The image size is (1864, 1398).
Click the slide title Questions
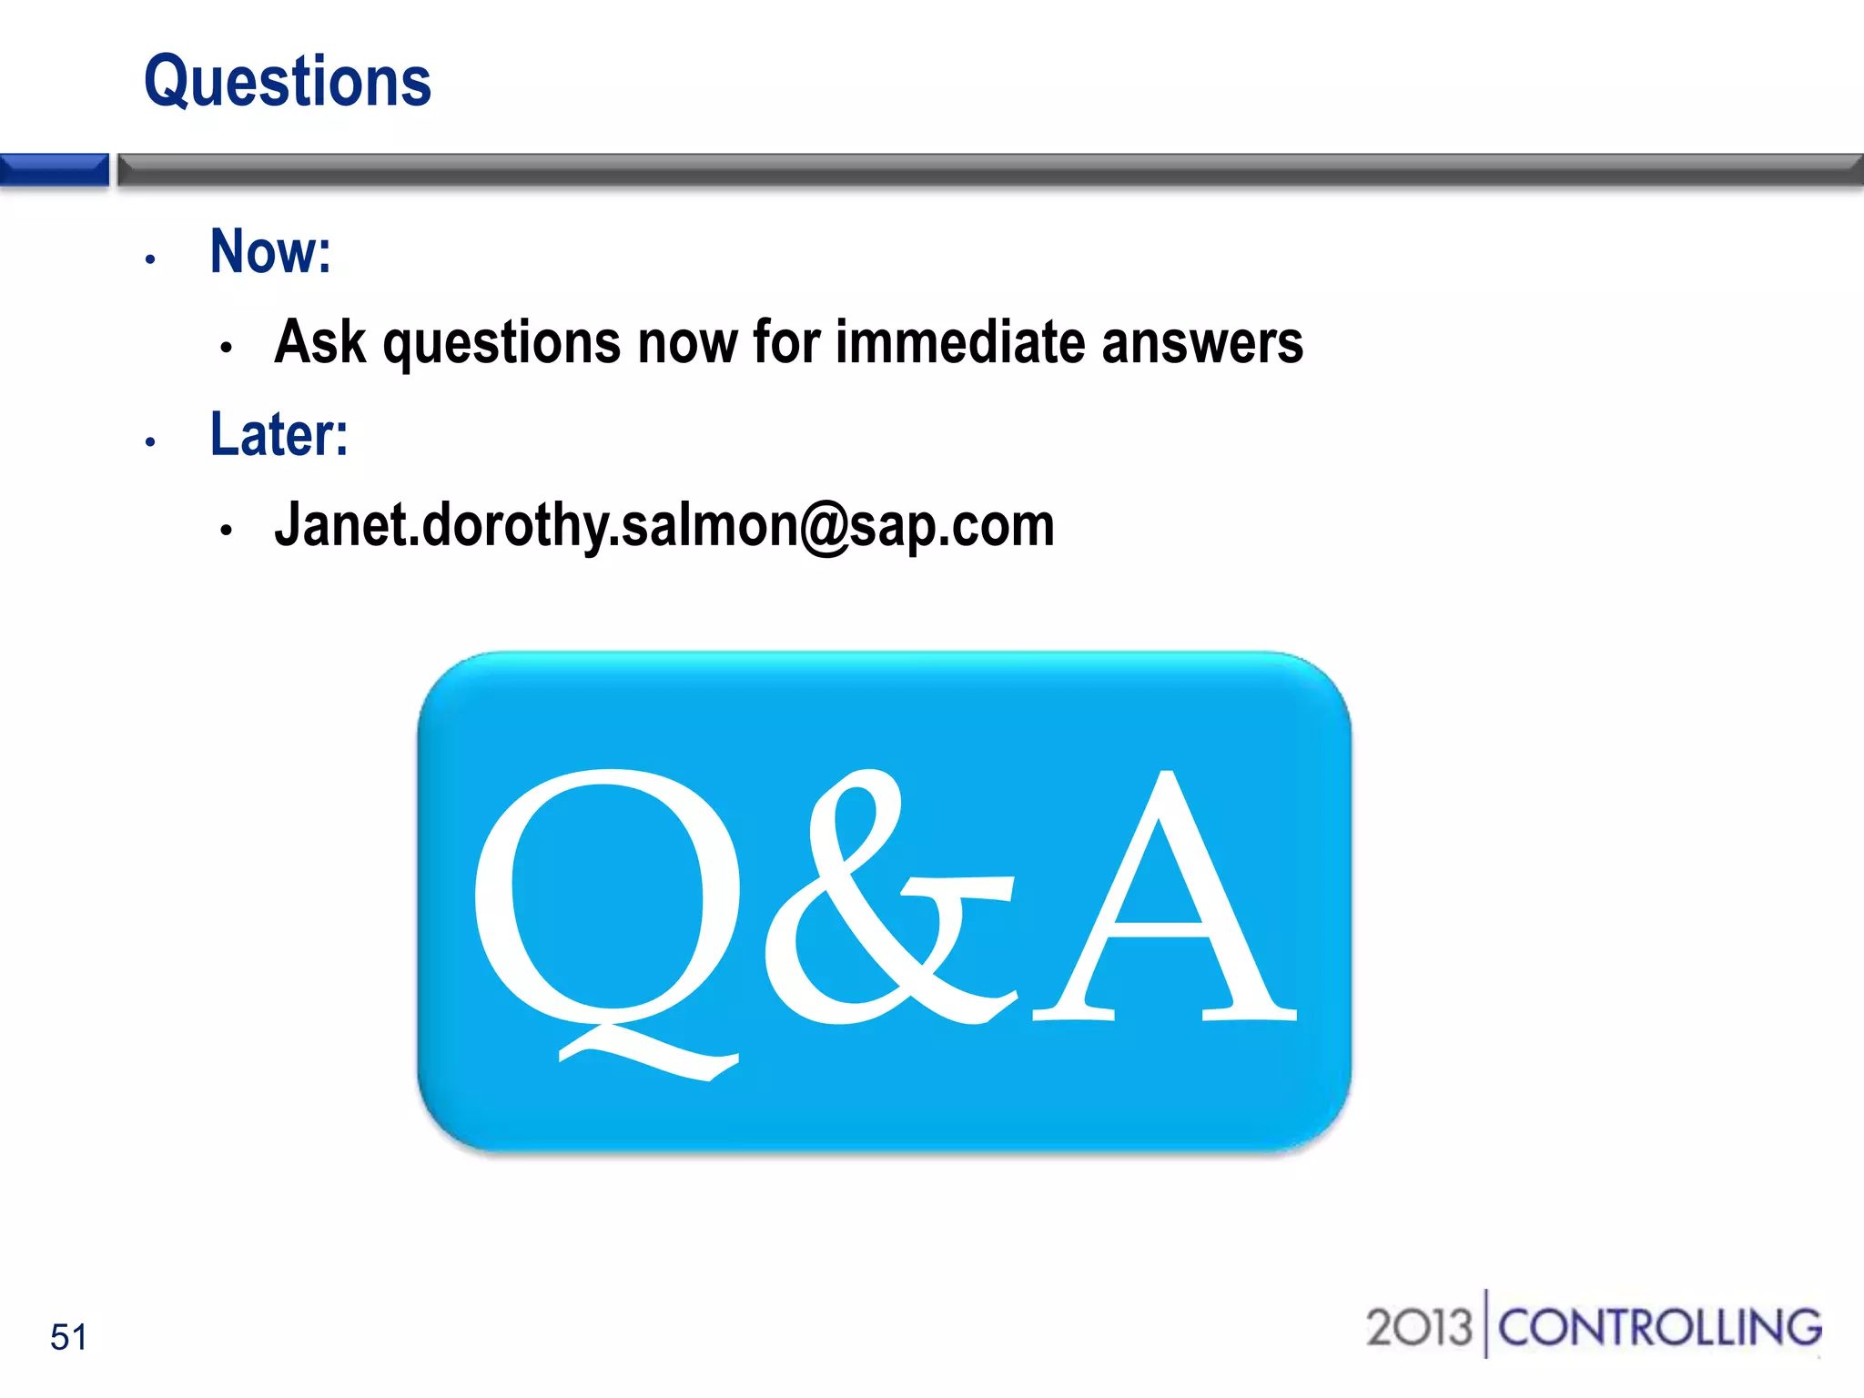tap(288, 82)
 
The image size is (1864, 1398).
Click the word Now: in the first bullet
tap(270, 251)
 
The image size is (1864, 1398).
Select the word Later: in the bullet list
tap(279, 434)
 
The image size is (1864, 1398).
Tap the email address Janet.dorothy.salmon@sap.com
tap(664, 526)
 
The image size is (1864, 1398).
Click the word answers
tap(1202, 342)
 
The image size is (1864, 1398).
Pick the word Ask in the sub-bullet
tap(319, 342)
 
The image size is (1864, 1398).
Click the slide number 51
tap(69, 1337)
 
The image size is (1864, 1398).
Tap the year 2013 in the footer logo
tap(1418, 1327)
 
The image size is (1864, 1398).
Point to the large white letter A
tap(1165, 901)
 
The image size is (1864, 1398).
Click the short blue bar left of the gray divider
tap(55, 170)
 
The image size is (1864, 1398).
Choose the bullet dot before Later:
tap(151, 443)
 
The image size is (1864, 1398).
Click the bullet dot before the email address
tap(227, 530)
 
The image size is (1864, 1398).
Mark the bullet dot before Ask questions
tap(227, 347)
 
